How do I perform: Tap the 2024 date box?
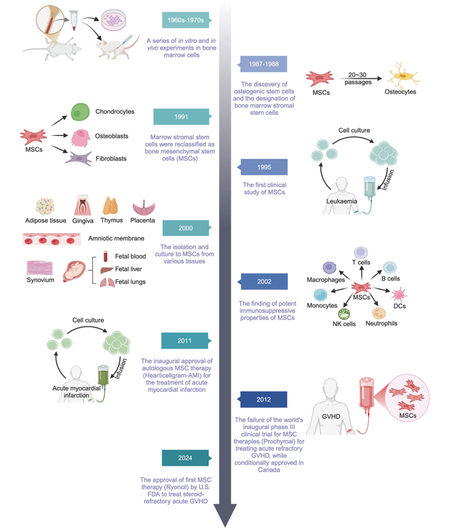[183, 458]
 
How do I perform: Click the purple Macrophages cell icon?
[330, 269]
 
